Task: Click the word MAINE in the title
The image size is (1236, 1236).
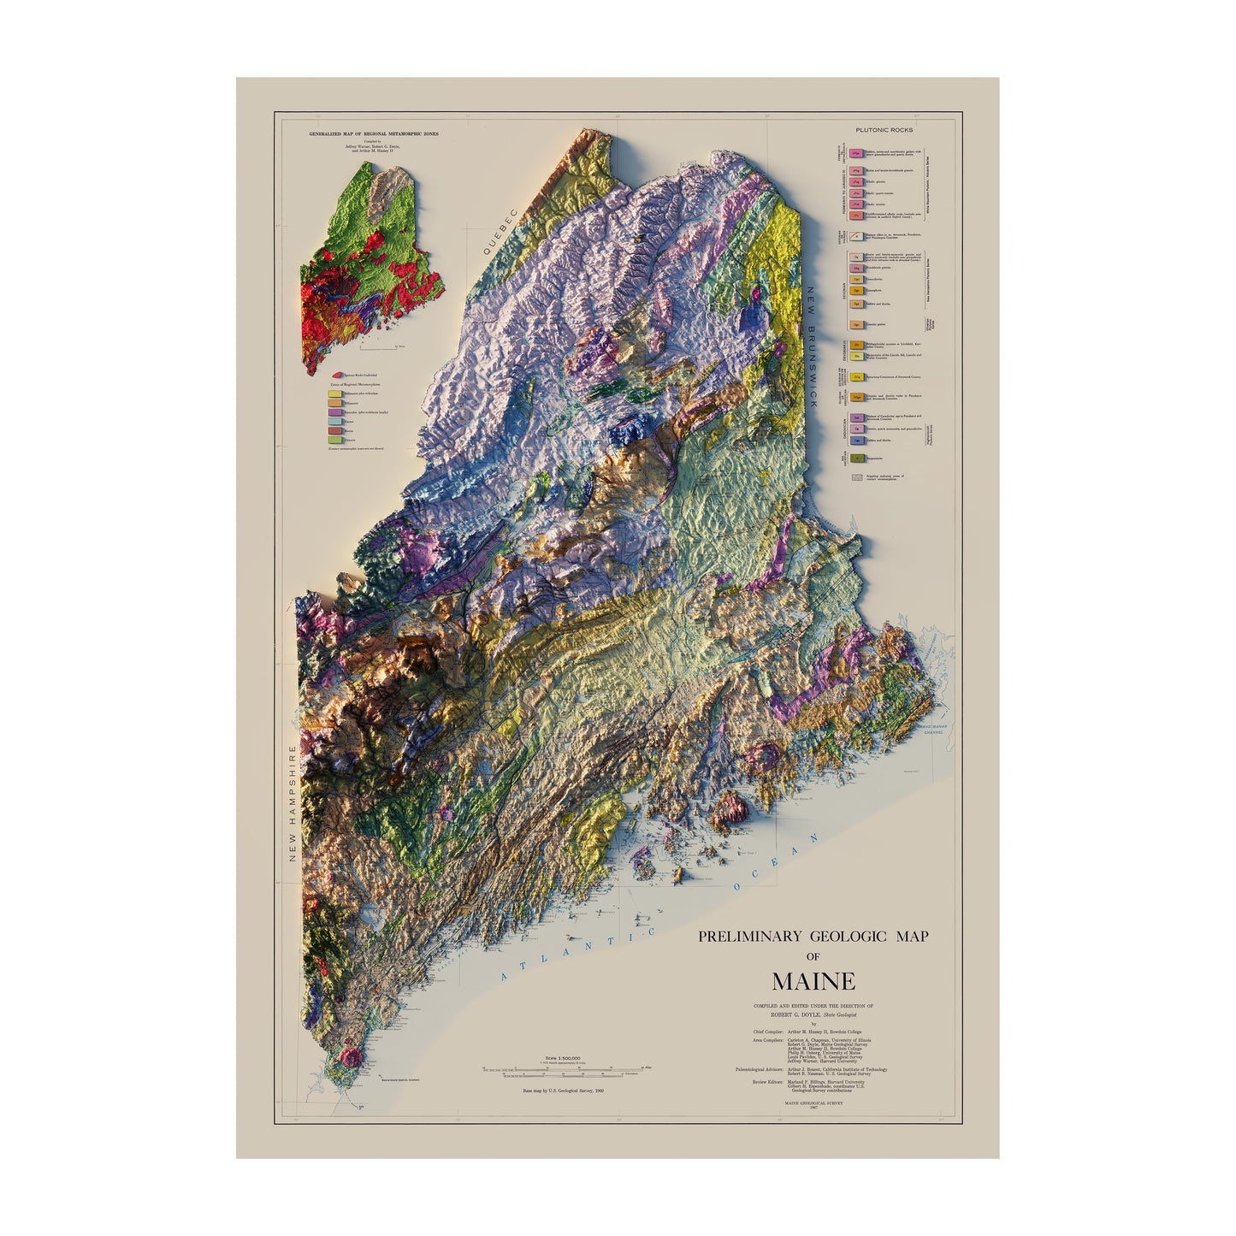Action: [x=813, y=980]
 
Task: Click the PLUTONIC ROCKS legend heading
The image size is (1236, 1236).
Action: [x=884, y=130]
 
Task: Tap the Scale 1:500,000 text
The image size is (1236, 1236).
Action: [x=562, y=1058]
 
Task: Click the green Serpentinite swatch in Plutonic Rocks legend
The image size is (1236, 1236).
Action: [x=855, y=458]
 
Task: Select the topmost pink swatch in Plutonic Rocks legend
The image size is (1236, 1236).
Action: [x=855, y=153]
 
